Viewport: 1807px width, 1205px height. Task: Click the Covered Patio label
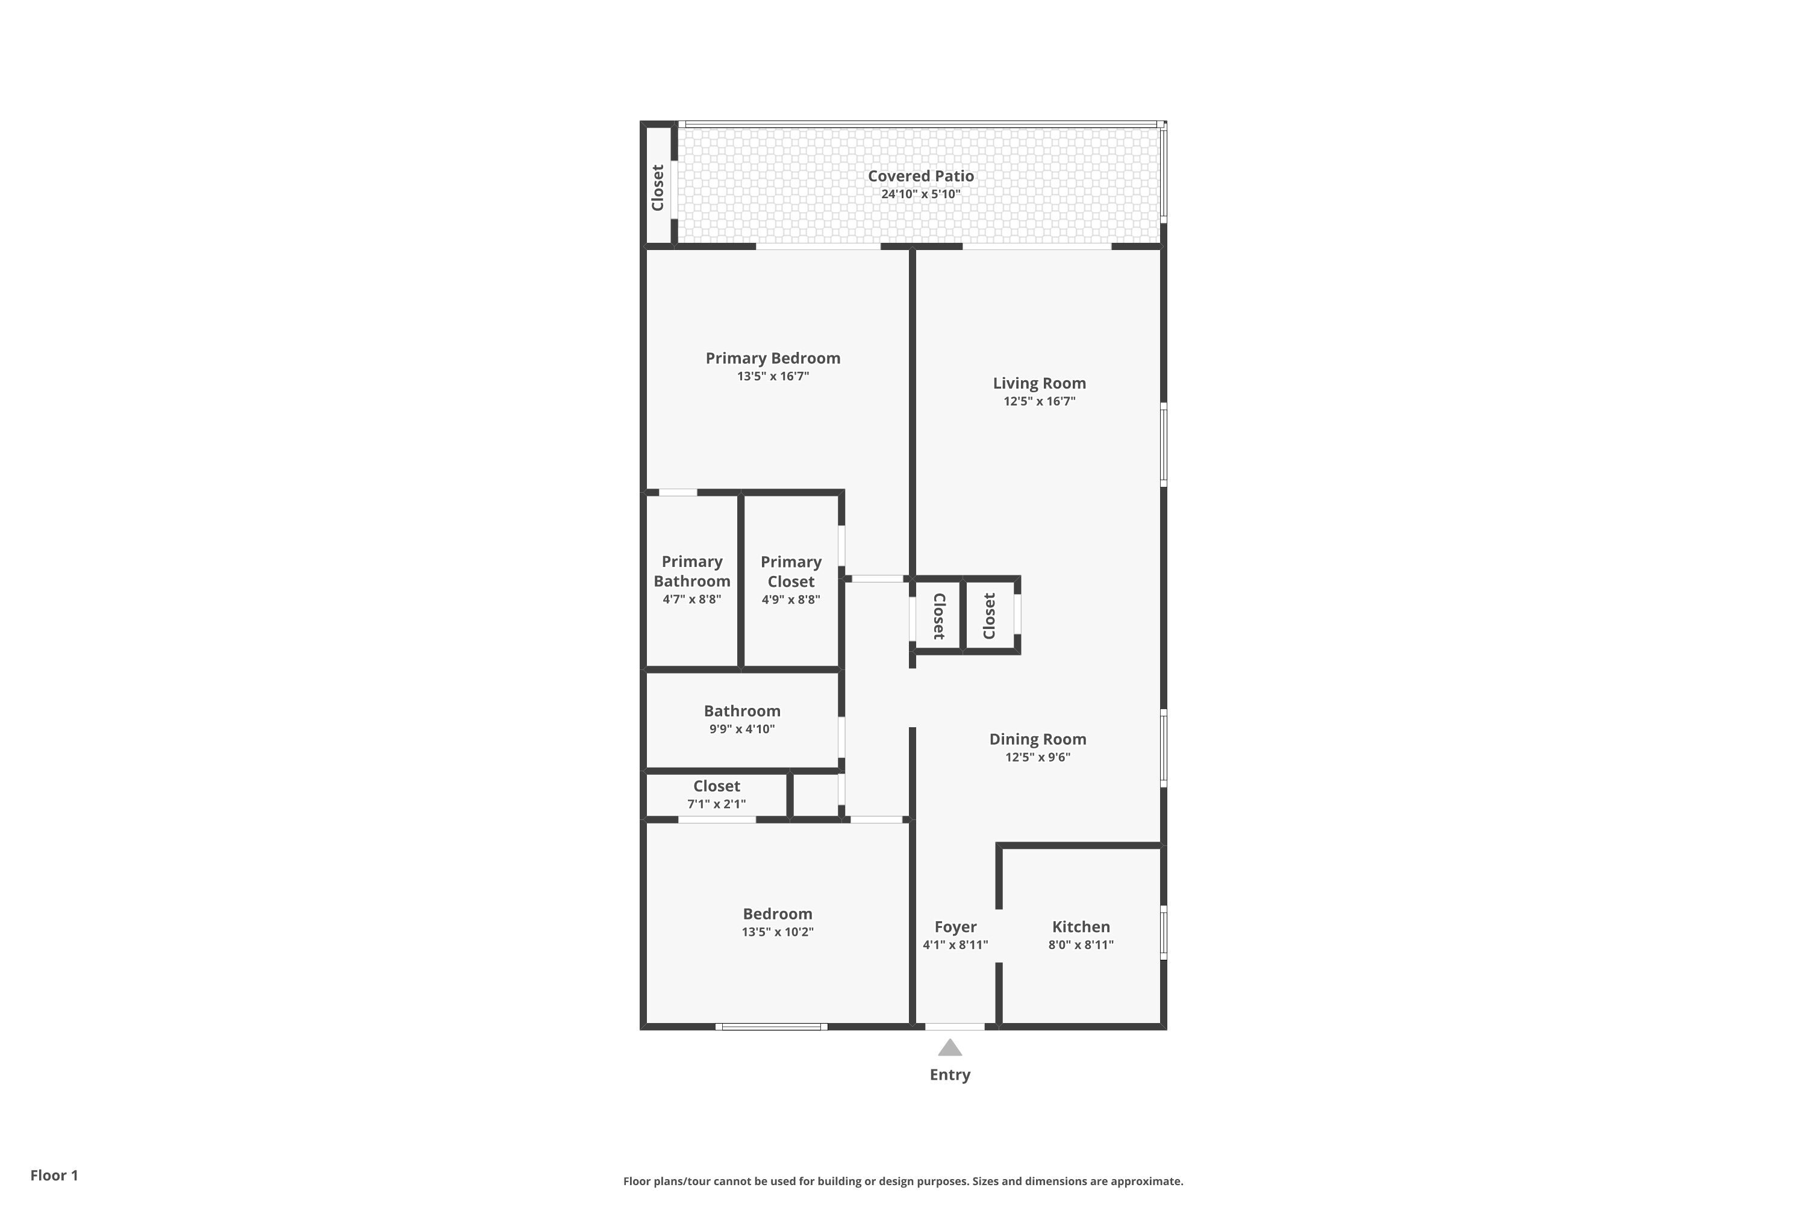920,176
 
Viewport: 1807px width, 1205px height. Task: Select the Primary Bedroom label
773,358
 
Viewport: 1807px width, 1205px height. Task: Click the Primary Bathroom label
691,572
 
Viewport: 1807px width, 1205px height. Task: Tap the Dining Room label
1037,739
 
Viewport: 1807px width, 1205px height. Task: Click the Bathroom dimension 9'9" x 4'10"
741,729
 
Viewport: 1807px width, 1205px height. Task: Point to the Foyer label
955,927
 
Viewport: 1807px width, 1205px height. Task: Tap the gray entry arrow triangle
950,1049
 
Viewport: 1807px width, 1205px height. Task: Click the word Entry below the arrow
950,1075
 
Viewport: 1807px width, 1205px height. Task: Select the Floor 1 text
54,1175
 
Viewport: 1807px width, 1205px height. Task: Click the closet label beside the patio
658,187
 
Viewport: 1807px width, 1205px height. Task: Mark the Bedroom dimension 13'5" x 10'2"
777,932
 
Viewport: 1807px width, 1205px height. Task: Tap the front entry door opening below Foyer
954,1027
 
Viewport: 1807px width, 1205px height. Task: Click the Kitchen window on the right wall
1163,933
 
